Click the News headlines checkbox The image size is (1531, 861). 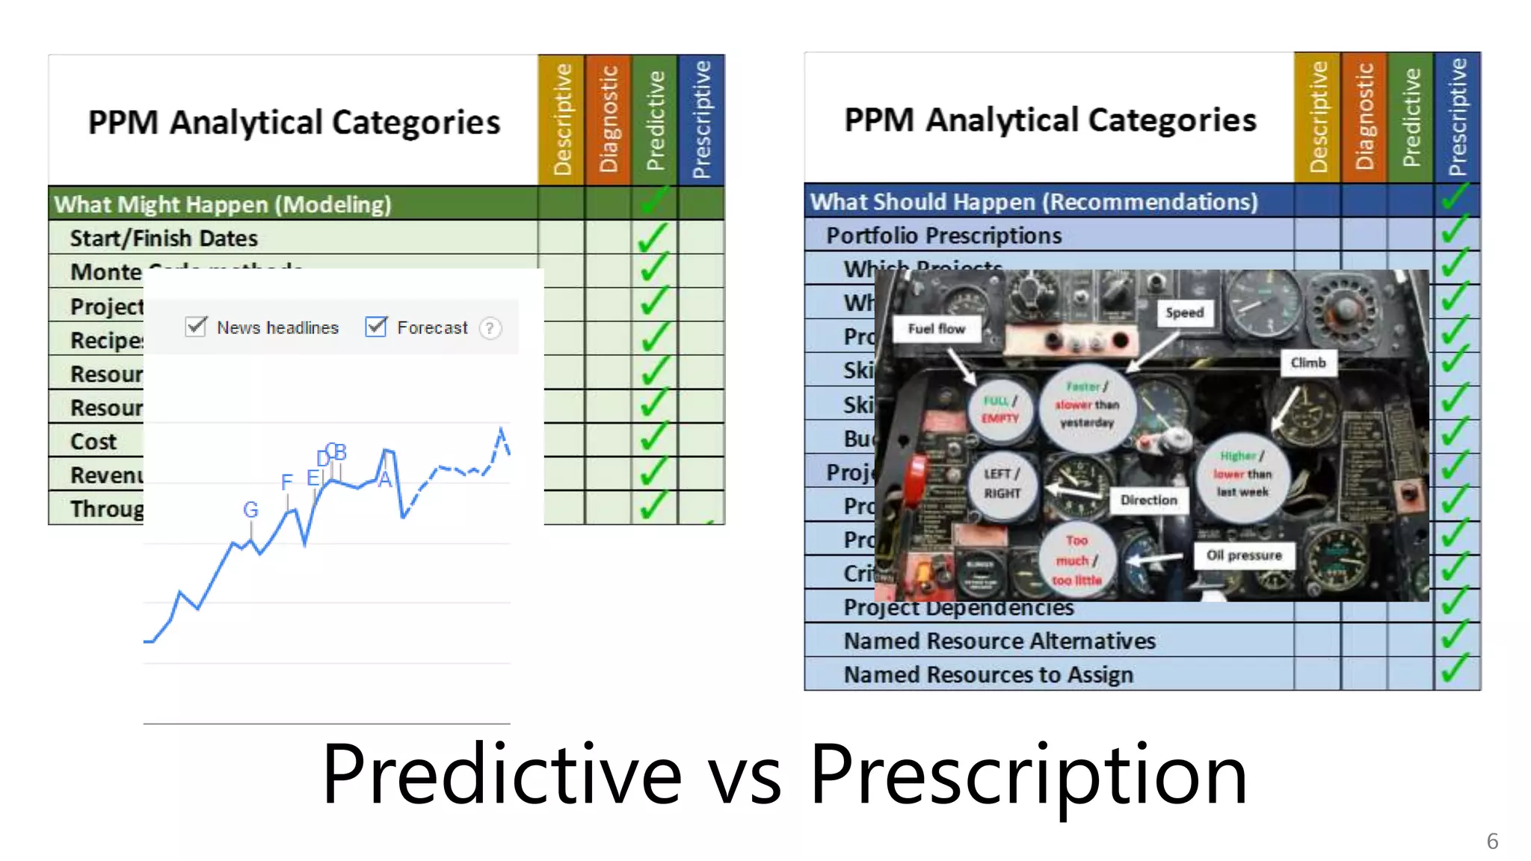196,327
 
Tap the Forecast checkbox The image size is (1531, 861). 376,327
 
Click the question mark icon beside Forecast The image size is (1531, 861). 490,328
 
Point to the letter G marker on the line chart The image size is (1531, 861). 250,510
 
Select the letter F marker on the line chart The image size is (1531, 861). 287,482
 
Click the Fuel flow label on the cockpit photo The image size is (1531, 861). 936,329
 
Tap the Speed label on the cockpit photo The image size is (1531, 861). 1184,312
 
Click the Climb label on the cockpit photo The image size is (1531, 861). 1307,362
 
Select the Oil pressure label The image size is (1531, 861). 1244,555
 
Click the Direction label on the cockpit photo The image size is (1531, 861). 1148,500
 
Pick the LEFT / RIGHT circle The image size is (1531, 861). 1002,484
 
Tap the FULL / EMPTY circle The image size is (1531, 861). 1000,410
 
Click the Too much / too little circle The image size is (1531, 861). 1076,561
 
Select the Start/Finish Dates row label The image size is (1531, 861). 164,238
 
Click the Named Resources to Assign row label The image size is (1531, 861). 988,674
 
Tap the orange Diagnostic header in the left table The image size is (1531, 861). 609,120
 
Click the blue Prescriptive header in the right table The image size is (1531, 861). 1457,117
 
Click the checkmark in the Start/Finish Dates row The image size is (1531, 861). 653,238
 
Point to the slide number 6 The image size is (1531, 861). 1492,842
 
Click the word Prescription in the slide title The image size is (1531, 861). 1028,774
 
